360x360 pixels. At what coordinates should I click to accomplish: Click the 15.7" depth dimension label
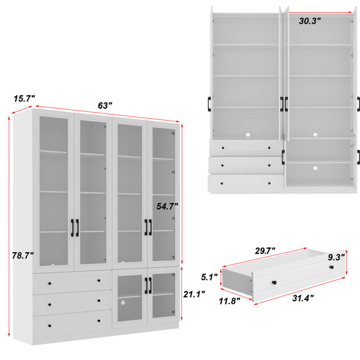pyautogui.click(x=24, y=99)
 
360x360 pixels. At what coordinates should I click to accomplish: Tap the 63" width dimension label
pyautogui.click(x=105, y=106)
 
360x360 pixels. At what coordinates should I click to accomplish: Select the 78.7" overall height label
pyautogui.click(x=23, y=256)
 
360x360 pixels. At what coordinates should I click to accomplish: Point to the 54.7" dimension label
pyautogui.click(x=167, y=206)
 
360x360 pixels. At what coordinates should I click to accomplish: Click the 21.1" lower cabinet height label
pyautogui.click(x=194, y=294)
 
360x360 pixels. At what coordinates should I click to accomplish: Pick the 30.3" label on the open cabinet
pyautogui.click(x=310, y=21)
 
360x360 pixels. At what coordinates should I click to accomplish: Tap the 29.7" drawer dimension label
pyautogui.click(x=265, y=251)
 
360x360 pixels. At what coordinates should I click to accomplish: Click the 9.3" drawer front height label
pyautogui.click(x=336, y=257)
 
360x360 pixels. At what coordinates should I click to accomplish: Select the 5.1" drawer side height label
pyautogui.click(x=209, y=277)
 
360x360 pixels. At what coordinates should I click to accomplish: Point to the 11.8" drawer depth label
pyautogui.click(x=229, y=301)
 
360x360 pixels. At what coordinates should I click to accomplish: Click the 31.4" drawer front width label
pyautogui.click(x=303, y=298)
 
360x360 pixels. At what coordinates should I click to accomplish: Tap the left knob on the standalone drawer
pyautogui.click(x=274, y=283)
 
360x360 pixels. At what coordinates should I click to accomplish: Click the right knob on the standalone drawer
pyautogui.click(x=331, y=267)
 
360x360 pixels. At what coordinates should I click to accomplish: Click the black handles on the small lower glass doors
pyautogui.click(x=148, y=286)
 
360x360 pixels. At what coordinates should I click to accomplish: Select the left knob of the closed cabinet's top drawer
pyautogui.click(x=50, y=284)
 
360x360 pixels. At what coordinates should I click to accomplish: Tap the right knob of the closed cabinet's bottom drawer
pyautogui.click(x=99, y=321)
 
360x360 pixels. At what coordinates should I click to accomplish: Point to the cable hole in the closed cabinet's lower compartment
pyautogui.click(x=122, y=303)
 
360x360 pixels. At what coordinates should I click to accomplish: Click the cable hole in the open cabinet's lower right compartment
pyautogui.click(x=315, y=168)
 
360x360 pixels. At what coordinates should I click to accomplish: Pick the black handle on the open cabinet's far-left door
pyautogui.click(x=209, y=104)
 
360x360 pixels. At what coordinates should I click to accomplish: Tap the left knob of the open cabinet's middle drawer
pyautogui.click(x=222, y=166)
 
